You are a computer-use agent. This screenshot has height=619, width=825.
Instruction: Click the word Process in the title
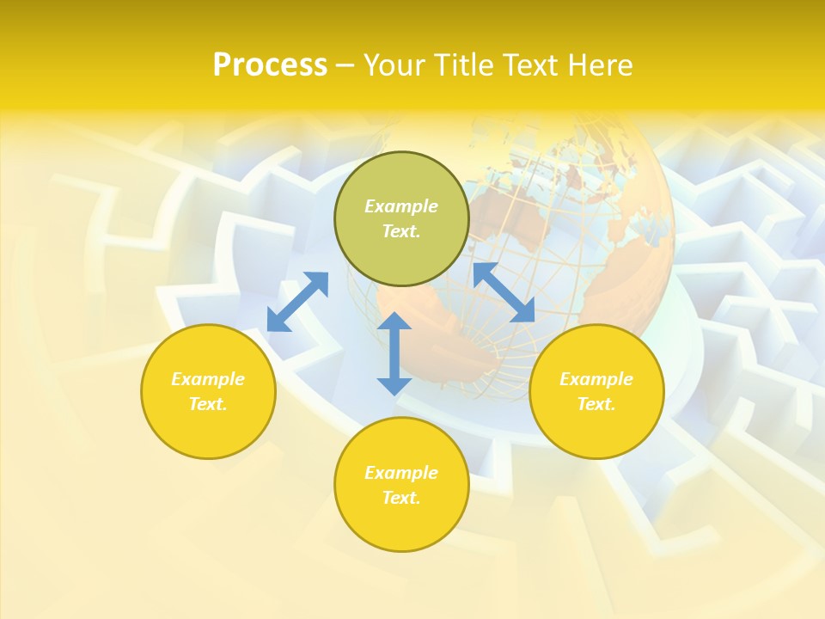pos(270,65)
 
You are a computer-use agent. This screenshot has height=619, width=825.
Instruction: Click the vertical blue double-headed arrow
pos(394,353)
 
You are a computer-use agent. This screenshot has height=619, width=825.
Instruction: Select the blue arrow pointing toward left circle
pos(297,301)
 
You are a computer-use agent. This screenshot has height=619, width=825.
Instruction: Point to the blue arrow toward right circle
pos(504,292)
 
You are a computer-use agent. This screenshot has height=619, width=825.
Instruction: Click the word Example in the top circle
pos(401,206)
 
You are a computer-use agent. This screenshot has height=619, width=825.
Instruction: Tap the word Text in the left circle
pos(207,404)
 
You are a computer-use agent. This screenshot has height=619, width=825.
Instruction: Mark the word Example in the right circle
pos(596,379)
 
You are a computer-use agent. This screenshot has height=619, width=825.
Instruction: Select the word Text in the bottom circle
pos(400,498)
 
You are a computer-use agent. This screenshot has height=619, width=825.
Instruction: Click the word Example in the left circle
pos(208,379)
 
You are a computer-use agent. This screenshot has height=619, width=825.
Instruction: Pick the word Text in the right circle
pos(596,404)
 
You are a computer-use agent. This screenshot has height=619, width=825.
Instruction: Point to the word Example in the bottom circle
pos(401,473)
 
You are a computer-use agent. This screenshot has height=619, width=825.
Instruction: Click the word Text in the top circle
pos(400,231)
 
